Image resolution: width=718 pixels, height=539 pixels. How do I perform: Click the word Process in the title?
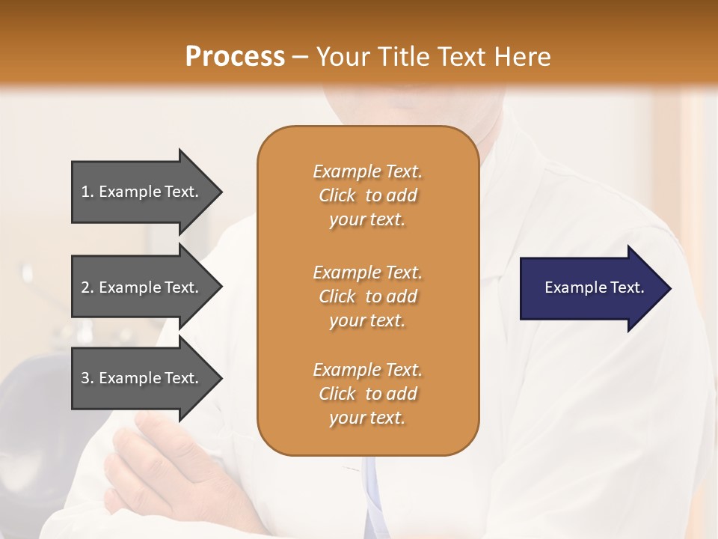235,57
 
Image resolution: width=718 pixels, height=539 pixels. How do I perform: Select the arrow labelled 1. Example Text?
142,192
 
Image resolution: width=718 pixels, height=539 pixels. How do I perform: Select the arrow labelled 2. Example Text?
142,287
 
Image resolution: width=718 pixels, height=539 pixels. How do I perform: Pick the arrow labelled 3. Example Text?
142,378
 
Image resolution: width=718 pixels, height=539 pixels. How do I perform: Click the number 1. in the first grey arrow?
88,192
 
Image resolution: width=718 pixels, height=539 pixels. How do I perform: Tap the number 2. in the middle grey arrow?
88,287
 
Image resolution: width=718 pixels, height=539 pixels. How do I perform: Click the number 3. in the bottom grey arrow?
88,378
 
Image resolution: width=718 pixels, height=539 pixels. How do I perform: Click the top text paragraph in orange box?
367,195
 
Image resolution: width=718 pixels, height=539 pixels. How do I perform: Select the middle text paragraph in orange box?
367,296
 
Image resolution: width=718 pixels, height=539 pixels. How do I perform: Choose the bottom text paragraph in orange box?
367,394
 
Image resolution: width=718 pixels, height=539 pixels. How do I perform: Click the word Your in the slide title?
341,57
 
